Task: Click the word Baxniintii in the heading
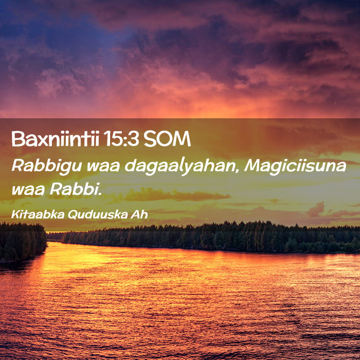point(55,139)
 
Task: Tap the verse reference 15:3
point(121,139)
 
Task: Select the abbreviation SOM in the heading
point(167,139)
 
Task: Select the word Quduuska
point(98,214)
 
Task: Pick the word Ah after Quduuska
point(139,214)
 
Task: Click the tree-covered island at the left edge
point(23,242)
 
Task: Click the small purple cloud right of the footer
point(316,209)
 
